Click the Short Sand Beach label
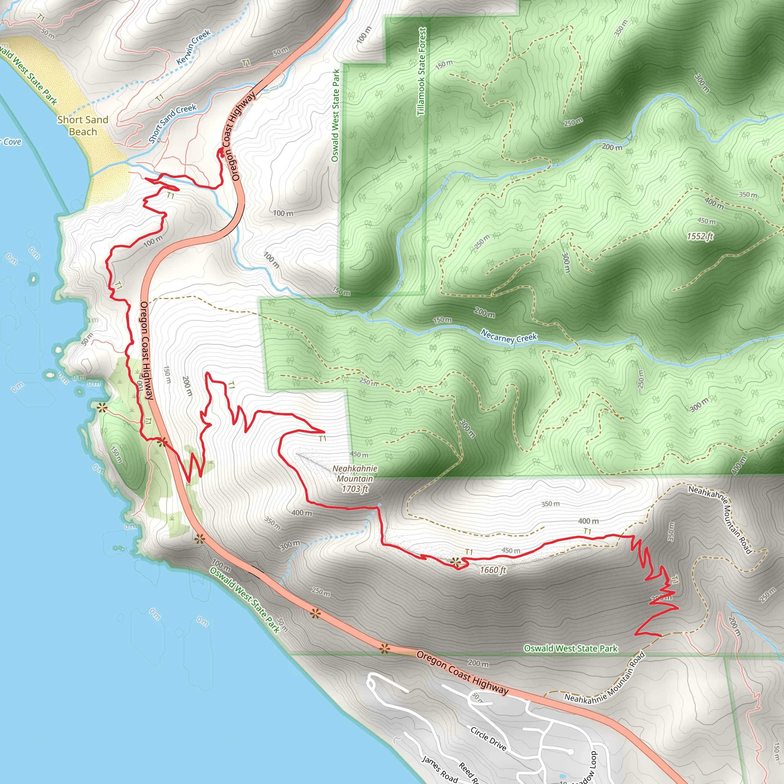83,126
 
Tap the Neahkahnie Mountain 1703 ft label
354,479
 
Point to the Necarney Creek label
508,338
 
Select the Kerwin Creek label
194,47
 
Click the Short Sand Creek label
173,123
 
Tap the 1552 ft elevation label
700,236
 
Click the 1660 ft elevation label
493,570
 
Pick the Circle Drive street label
488,738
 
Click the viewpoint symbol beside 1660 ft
456,562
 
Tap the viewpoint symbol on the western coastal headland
101,408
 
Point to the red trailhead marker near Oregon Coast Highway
222,153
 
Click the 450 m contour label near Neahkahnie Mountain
359,455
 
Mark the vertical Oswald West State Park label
336,116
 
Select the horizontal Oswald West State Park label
570,648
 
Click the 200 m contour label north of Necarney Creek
611,147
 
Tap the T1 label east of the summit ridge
587,531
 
